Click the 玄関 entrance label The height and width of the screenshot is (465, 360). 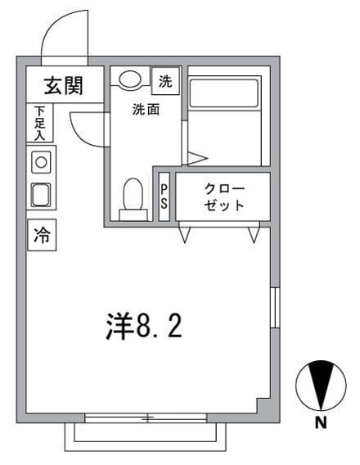tap(61, 84)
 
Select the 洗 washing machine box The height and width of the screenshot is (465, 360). tap(166, 81)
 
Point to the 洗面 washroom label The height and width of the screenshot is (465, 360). tap(146, 110)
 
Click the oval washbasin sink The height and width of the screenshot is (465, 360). tap(129, 79)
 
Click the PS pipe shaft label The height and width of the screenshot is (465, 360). tap(164, 196)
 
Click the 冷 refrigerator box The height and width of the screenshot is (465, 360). tap(41, 237)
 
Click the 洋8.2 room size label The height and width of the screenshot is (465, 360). tap(143, 327)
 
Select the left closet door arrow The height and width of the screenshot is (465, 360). tap(186, 234)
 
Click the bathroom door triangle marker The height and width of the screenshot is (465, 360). tap(196, 157)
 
